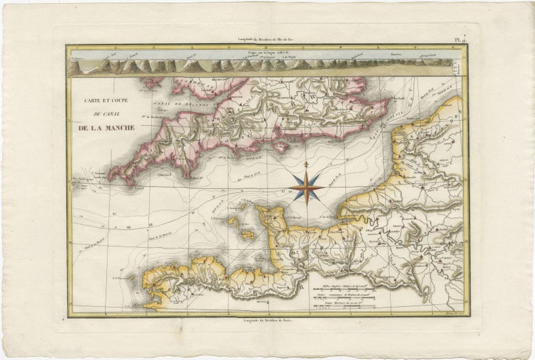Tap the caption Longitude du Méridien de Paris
pos(267,319)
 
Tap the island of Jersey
pos(248,235)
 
